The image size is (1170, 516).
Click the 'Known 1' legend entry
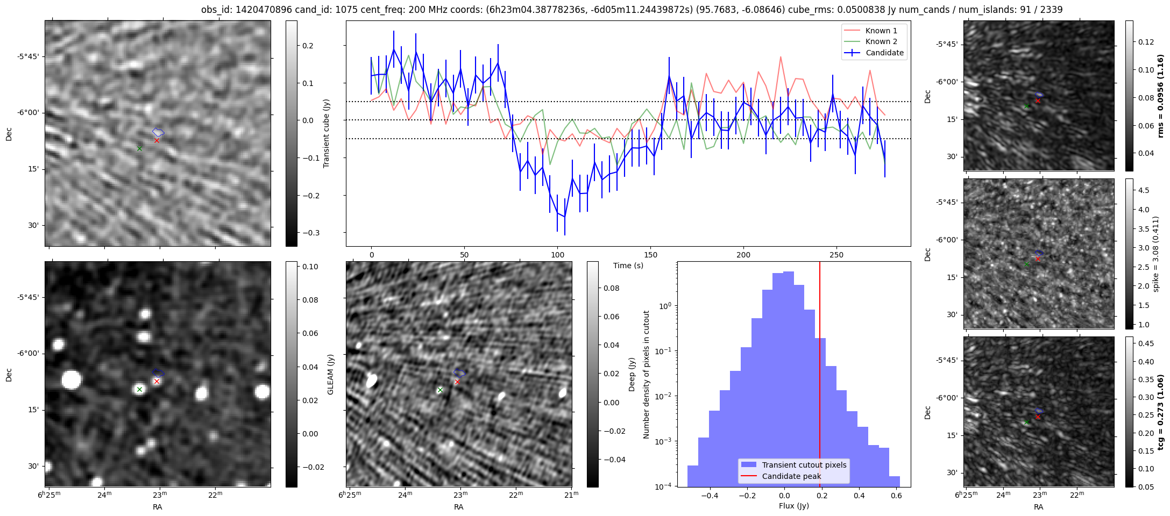tap(881, 31)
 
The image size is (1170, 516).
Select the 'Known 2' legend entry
tap(881, 41)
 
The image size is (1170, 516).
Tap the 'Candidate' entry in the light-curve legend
tap(884, 53)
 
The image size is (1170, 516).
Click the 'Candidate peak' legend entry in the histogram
tap(791, 476)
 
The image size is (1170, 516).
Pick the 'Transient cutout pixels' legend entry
tap(804, 465)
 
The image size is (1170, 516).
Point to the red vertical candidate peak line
tap(820, 376)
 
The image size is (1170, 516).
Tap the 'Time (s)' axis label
tap(628, 266)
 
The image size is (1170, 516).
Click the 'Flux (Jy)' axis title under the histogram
tap(793, 506)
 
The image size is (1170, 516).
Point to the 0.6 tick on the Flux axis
tap(896, 496)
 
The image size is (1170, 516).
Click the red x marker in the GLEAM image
tap(157, 382)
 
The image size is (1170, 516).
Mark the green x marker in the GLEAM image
tap(139, 390)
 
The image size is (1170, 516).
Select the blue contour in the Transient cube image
tap(158, 132)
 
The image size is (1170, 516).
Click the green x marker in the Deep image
tap(440, 390)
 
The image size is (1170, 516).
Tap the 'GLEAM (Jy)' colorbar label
tap(331, 374)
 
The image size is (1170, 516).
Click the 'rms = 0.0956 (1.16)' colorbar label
tap(1161, 96)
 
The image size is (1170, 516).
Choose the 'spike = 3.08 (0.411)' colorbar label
tap(1156, 254)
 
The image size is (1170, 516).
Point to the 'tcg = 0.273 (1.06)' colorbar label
tap(1161, 412)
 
